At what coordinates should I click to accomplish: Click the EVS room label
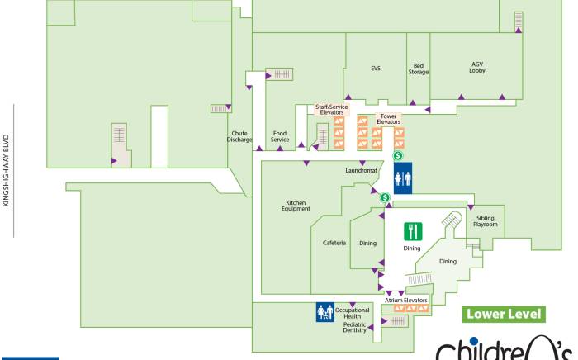tap(375, 68)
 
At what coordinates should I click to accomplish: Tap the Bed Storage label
tap(419, 69)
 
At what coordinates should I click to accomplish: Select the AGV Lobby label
tap(477, 68)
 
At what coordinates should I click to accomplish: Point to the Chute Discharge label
tap(239, 136)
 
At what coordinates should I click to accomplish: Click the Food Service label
tap(280, 136)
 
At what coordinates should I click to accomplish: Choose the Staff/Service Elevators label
tap(332, 109)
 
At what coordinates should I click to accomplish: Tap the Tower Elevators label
tap(388, 119)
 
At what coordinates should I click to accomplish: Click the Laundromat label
tap(361, 171)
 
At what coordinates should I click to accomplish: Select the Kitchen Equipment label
tap(297, 206)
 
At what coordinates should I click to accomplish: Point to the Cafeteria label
tap(334, 243)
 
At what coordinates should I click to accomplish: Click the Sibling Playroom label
tap(486, 221)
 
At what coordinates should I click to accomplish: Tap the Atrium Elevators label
tap(405, 300)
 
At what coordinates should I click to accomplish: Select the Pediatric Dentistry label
tap(355, 328)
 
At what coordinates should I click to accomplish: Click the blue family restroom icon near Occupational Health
tap(325, 312)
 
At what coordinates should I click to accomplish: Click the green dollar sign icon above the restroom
tap(397, 155)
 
